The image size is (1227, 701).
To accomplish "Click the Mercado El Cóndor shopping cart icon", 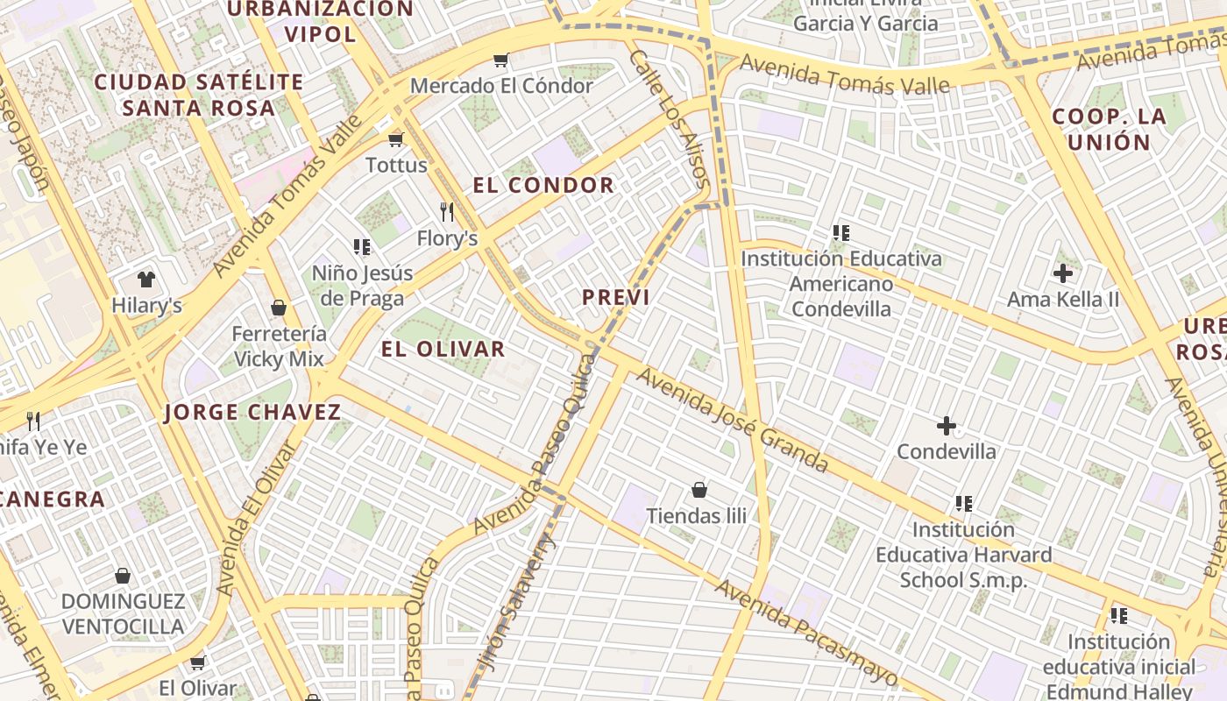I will click(500, 60).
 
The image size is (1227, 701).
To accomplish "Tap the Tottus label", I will click(396, 165).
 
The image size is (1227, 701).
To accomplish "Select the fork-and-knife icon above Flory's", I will click(447, 212).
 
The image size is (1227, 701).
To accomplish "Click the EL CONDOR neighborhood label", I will click(543, 185).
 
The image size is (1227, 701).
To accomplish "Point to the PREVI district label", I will click(616, 297).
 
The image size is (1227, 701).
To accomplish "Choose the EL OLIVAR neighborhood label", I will click(443, 349).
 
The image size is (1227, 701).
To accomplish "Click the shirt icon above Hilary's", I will click(145, 280).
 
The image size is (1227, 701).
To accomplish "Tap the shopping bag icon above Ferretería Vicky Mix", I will click(279, 308).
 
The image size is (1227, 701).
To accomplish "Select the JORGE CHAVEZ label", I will click(252, 412).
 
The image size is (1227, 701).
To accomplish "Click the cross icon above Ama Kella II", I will click(1063, 273).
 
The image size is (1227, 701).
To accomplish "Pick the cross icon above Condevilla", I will click(946, 427).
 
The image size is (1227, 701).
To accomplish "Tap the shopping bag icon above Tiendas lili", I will click(699, 490).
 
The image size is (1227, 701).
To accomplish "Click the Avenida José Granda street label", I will click(733, 420).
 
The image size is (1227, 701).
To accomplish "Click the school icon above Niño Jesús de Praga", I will click(362, 247).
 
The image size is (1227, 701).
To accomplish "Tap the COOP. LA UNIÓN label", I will click(1109, 129).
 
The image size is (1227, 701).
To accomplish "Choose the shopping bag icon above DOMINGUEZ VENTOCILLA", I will click(123, 576).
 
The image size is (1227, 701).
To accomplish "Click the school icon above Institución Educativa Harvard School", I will click(964, 504).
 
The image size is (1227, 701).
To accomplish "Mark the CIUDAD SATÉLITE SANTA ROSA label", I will click(199, 95).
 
